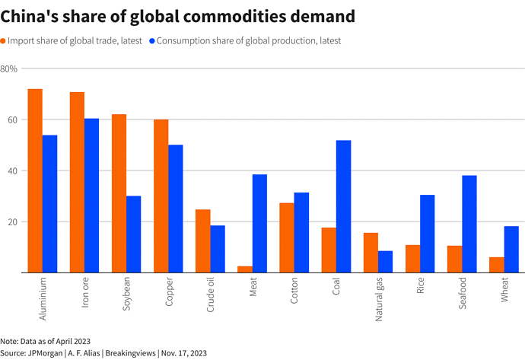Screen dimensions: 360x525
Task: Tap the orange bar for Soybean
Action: tap(119, 193)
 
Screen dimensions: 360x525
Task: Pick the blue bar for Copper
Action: tap(176, 209)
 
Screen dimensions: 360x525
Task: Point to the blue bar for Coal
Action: tap(344, 206)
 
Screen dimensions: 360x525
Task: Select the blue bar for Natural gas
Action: tap(386, 261)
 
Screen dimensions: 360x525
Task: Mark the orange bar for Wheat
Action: tap(497, 264)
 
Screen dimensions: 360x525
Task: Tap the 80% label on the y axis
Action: tap(10, 69)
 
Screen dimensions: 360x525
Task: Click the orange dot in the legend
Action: tap(4, 41)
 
